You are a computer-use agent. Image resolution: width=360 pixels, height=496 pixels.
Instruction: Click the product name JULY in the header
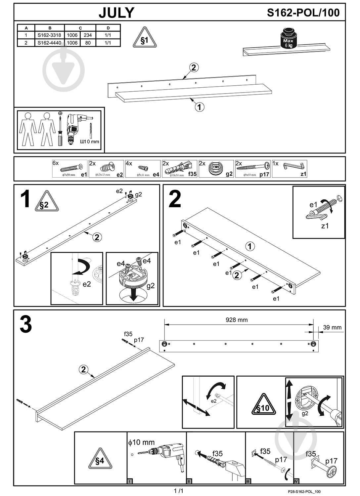(116, 13)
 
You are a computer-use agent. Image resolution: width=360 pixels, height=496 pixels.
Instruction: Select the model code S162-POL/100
(303, 13)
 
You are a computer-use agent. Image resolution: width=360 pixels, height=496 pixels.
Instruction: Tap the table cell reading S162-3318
(49, 35)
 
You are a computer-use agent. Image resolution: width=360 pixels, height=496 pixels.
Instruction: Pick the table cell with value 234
(88, 35)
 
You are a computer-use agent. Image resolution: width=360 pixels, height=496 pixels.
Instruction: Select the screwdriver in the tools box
(60, 129)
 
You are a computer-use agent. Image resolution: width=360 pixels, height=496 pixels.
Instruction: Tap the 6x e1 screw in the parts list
(70, 169)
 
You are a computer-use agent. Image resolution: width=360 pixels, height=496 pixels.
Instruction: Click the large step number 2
(175, 199)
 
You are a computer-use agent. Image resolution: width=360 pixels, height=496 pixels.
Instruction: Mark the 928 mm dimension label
(237, 320)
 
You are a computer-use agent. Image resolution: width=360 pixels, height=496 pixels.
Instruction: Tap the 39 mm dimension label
(332, 327)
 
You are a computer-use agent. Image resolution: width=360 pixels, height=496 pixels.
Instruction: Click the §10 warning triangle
(263, 405)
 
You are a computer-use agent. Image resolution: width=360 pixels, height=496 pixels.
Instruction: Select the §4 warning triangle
(100, 459)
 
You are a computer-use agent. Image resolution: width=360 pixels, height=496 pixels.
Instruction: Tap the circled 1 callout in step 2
(250, 246)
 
